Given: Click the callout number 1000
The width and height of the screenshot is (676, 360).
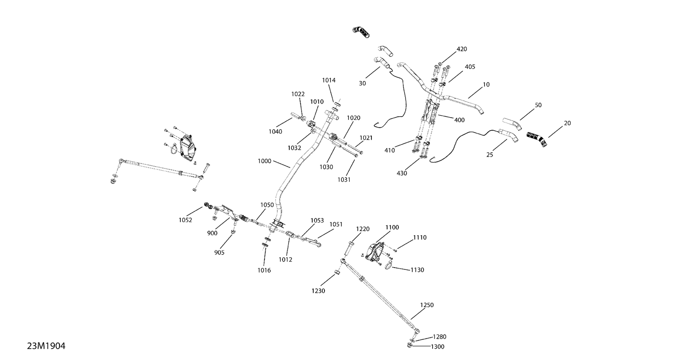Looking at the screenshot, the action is tap(265, 161).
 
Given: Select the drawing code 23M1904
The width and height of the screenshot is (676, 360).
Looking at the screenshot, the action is tap(46, 346).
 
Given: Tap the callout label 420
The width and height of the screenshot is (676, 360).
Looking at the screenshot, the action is tap(462, 49).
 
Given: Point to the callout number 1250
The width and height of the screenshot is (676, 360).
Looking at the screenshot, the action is tap(427, 305).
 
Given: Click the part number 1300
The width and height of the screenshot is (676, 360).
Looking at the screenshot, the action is tap(437, 347).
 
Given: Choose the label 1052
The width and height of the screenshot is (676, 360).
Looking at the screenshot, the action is tap(185, 220).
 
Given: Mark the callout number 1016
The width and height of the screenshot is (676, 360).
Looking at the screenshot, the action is tap(264, 270).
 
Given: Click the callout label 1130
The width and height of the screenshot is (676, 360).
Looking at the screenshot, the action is tap(417, 270).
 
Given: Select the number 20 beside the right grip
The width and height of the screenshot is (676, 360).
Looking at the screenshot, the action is tap(567, 123).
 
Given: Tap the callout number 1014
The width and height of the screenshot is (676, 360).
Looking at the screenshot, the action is tap(329, 80).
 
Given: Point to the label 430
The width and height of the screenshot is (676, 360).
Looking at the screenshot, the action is tap(402, 173).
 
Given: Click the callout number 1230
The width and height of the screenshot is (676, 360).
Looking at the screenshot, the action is tap(318, 291).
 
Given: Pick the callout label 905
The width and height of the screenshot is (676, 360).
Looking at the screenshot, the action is tap(219, 253).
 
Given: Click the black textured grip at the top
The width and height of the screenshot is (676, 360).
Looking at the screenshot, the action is tap(361, 32).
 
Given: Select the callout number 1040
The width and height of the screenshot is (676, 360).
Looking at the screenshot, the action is tap(275, 132).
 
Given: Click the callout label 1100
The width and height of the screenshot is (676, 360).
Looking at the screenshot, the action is tap(392, 228).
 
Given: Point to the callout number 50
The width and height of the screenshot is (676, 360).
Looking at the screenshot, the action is tap(538, 105).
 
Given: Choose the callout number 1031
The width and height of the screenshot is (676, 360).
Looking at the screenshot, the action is tap(344, 180).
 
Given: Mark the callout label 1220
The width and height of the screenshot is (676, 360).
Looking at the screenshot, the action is tap(363, 229).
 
